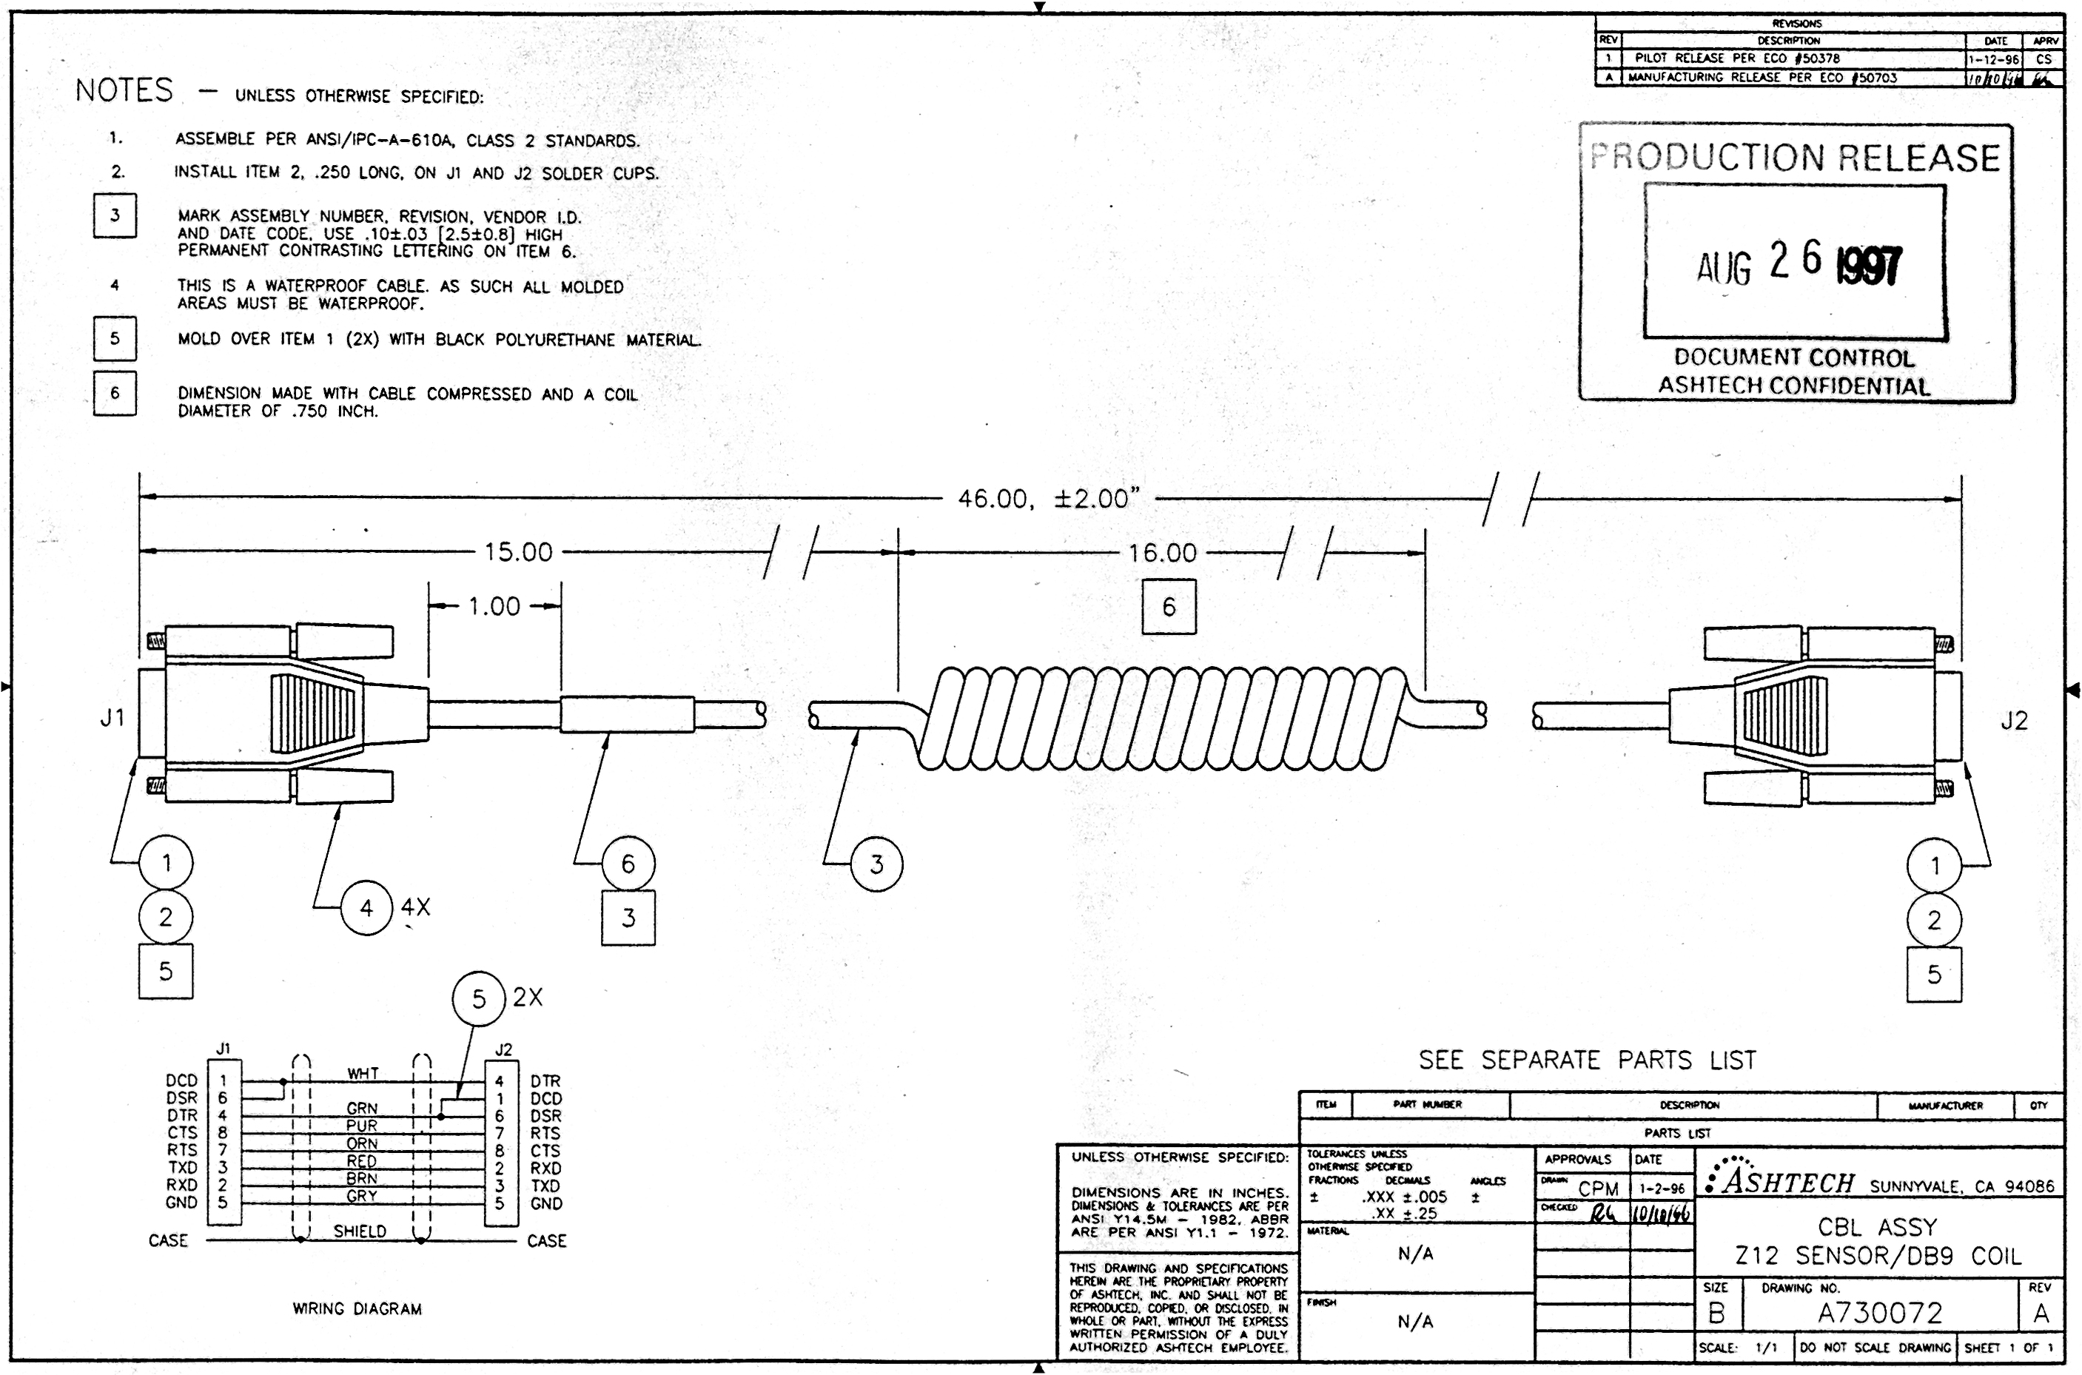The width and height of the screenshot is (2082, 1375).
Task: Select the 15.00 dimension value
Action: (518, 553)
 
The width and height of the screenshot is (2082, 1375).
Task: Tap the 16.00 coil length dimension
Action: (1162, 554)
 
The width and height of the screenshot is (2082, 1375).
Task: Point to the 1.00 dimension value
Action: (494, 607)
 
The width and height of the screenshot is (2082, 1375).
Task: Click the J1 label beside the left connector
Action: (113, 718)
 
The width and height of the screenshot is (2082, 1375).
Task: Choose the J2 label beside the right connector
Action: (2014, 721)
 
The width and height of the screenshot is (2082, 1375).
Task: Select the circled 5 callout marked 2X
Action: (479, 999)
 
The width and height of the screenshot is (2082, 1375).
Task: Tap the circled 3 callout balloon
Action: (876, 864)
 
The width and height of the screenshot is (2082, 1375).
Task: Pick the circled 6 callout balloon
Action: (628, 864)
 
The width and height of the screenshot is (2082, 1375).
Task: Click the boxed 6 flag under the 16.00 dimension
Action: (1169, 607)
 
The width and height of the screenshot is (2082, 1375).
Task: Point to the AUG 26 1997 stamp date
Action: (1798, 263)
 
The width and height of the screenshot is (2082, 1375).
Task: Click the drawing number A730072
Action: (1879, 1313)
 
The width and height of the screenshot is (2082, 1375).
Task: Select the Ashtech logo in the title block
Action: (1780, 1180)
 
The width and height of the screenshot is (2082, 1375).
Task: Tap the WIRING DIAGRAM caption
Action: (357, 1309)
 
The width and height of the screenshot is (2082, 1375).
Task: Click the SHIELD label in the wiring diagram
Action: (360, 1231)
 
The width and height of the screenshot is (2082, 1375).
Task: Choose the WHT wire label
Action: (362, 1073)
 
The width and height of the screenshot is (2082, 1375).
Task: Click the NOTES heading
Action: (124, 90)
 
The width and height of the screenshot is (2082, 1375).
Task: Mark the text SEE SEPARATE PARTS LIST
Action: (1588, 1060)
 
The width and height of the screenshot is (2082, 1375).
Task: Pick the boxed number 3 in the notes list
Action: (115, 215)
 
